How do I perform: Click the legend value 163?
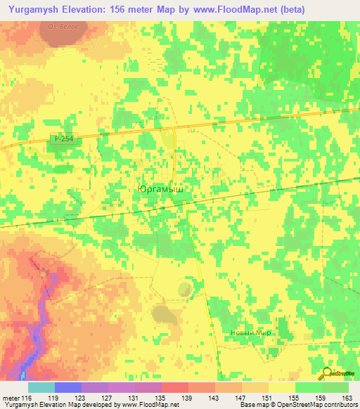(347, 398)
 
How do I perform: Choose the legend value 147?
(240, 398)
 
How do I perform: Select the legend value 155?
(294, 398)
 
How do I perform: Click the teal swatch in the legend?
(41, 387)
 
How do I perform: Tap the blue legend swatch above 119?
(68, 387)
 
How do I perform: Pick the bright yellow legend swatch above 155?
(281, 387)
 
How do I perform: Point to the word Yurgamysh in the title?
(34, 9)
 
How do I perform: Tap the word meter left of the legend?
(11, 398)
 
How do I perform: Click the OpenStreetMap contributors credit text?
(319, 405)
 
